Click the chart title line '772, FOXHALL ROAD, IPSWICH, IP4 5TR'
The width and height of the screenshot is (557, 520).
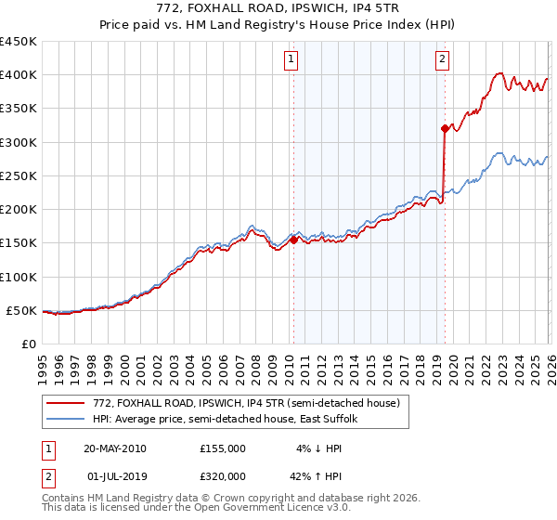coord(278,8)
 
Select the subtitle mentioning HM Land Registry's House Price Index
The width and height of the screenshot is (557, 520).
coord(278,24)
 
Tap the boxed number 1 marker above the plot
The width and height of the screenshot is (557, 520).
coord(291,59)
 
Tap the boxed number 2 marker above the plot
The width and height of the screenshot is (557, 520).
coord(442,59)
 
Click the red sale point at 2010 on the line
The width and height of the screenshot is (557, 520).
coord(294,240)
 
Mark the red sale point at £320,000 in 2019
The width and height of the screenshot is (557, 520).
coord(445,128)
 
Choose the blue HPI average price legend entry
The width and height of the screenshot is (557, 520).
coord(230,420)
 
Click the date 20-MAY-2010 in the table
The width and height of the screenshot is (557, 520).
coord(115,448)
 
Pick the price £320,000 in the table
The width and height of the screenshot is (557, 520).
coord(223,478)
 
